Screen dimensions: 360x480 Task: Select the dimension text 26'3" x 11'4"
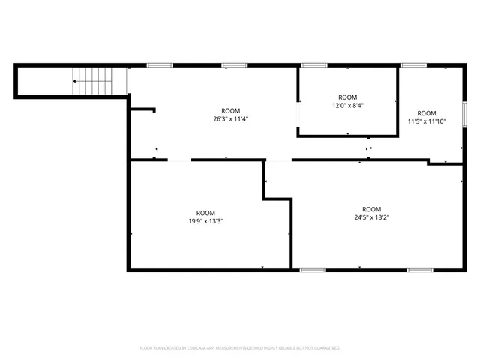point(230,118)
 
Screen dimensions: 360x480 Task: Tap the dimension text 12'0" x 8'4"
point(347,106)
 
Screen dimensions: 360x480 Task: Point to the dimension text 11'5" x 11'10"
point(426,121)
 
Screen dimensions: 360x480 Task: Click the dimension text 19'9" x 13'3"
point(205,220)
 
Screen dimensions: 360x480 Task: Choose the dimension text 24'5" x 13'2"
point(371,217)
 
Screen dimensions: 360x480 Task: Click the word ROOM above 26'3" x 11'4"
point(230,110)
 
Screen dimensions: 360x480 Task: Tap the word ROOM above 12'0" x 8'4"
point(347,97)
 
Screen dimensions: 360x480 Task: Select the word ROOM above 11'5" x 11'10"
point(426,113)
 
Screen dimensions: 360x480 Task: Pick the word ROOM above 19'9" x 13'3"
point(205,212)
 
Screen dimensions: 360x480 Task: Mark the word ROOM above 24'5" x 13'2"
point(371,209)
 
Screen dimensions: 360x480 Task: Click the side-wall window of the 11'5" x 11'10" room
point(464,113)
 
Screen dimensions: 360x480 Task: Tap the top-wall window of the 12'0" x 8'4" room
point(313,65)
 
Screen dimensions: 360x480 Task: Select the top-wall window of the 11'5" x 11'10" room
point(413,65)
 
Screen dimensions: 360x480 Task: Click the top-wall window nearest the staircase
point(160,65)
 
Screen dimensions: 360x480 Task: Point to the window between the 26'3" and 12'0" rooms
point(298,115)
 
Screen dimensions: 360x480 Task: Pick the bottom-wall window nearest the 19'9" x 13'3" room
point(313,269)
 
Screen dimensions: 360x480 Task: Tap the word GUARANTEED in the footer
point(325,348)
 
